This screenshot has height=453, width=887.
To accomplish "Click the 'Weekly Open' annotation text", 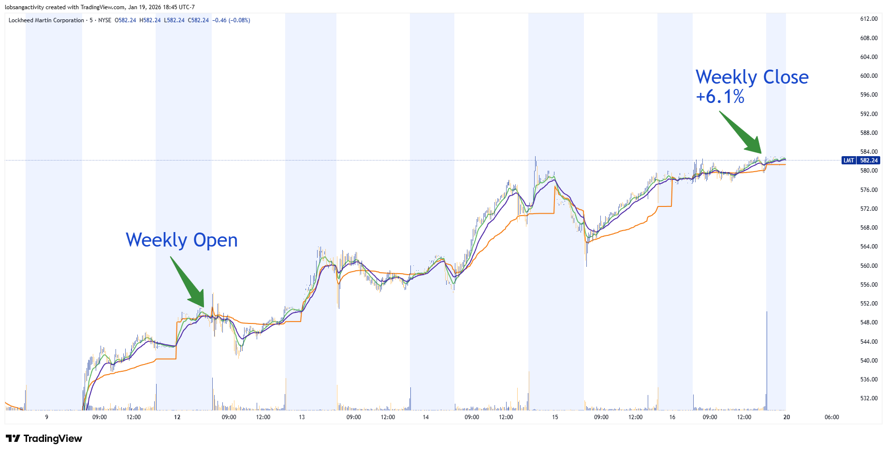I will tap(182, 240).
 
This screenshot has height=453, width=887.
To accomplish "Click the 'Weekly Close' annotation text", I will tap(752, 77).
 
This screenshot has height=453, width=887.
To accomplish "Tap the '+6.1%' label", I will tap(720, 97).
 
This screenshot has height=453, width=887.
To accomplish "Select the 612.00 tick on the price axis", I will tap(869, 19).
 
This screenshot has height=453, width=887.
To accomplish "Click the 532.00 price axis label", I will tap(869, 398).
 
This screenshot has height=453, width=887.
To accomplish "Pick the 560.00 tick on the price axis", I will tap(869, 266).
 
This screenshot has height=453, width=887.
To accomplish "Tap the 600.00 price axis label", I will tap(869, 76).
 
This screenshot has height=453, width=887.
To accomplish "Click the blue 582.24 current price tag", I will tap(869, 161).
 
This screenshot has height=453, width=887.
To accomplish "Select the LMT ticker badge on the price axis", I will tap(848, 161).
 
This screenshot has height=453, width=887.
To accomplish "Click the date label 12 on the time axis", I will tap(177, 417).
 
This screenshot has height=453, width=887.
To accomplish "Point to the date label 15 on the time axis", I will tap(555, 417).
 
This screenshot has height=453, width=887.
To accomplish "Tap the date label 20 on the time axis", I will tap(786, 417).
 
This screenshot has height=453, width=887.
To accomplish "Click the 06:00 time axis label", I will tap(831, 417).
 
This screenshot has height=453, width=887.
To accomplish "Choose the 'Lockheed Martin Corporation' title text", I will tap(46, 20).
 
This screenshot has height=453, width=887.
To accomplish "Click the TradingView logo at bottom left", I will tap(44, 438).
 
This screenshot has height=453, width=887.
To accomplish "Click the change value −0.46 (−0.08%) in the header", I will tap(231, 20).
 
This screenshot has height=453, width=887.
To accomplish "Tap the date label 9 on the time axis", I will tap(47, 417).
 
